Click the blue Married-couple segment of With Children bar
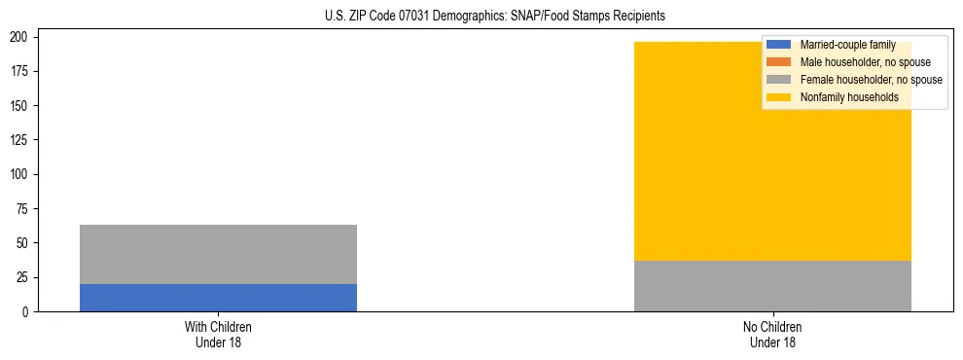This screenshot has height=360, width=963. pos(218,298)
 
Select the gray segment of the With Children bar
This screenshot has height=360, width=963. pos(218,254)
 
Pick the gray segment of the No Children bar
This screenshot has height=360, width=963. pos(772,286)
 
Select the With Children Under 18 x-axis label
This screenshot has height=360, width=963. pos(218,334)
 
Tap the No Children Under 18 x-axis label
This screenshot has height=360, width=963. pos(772,334)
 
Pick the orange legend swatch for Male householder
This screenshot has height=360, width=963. pos(780,62)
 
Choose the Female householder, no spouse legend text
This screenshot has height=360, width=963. pos(871,80)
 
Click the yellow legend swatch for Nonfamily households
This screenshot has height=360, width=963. pos(780,97)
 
